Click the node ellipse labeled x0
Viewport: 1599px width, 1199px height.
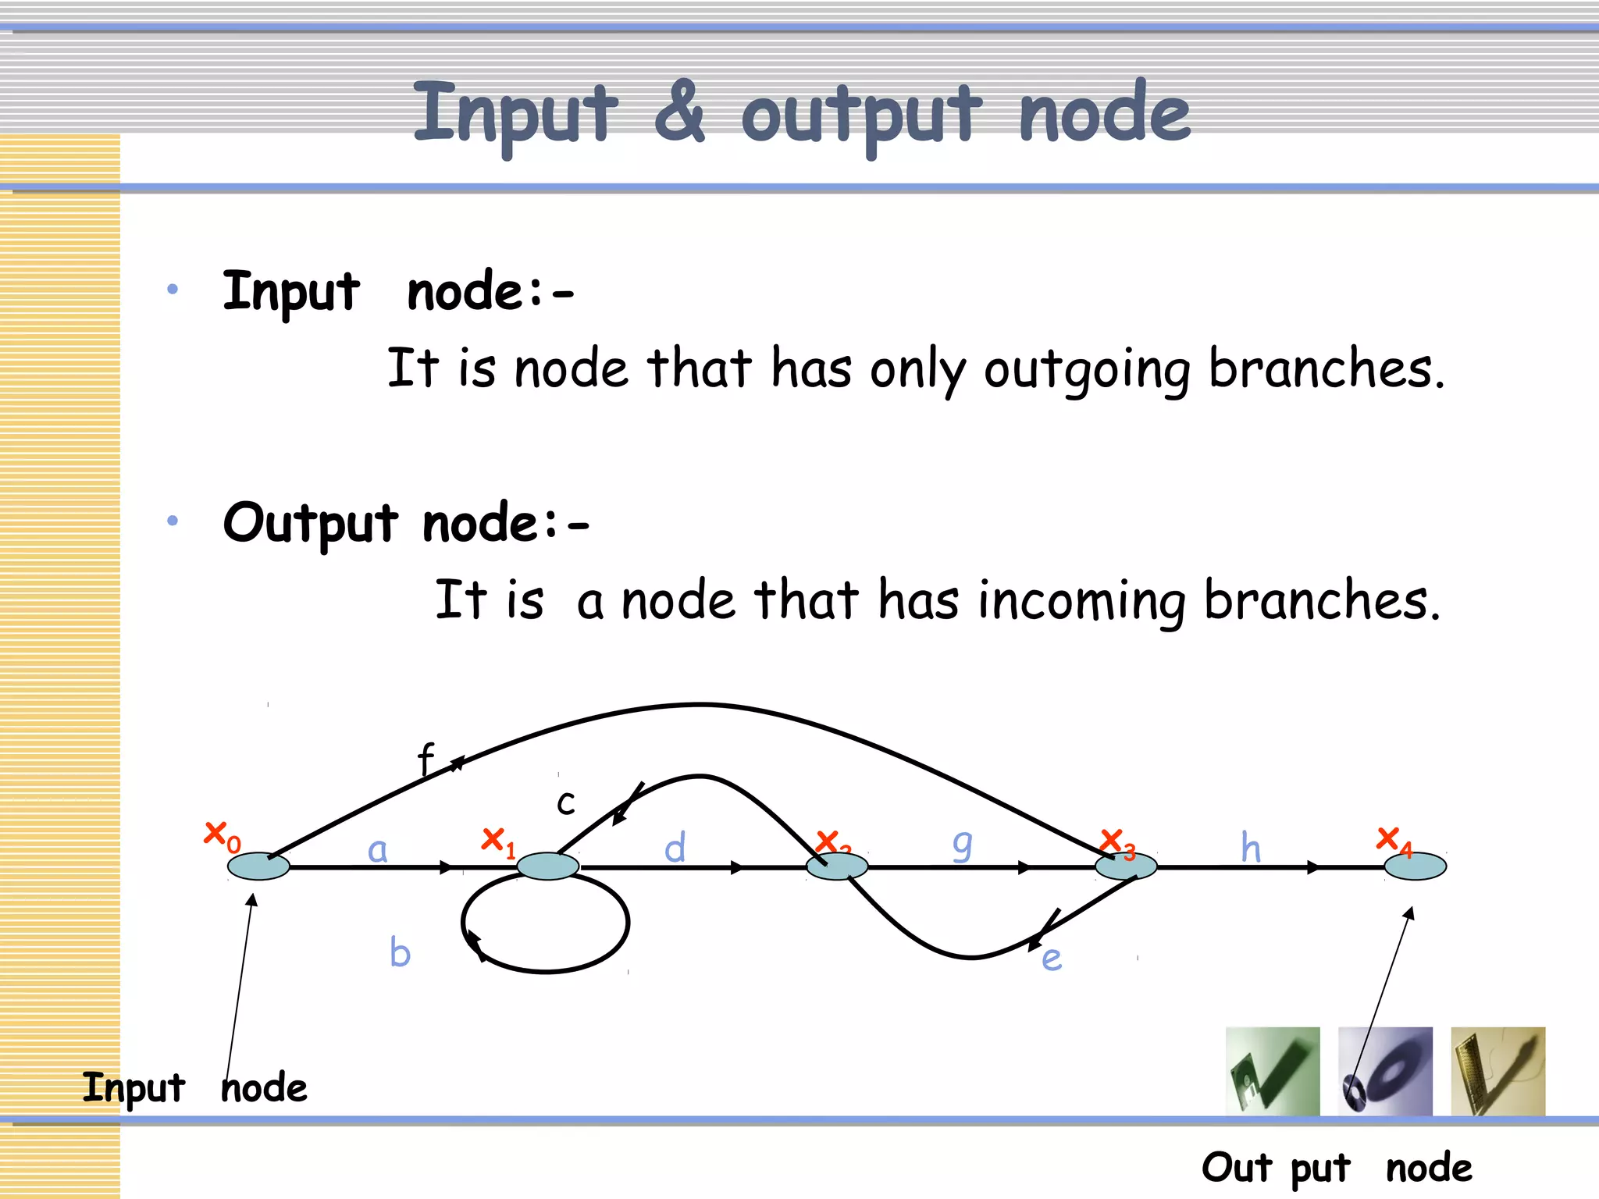pyautogui.click(x=258, y=866)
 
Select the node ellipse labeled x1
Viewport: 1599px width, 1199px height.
pyautogui.click(x=547, y=866)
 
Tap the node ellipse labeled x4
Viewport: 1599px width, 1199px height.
pyautogui.click(x=1415, y=866)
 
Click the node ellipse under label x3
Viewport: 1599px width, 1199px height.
pyautogui.click(x=1126, y=866)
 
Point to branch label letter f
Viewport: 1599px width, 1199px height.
pyautogui.click(x=426, y=759)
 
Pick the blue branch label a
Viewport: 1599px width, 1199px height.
pyautogui.click(x=377, y=849)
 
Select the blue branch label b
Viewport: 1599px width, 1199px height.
pyautogui.click(x=400, y=952)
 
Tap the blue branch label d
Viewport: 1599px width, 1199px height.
pyautogui.click(x=675, y=848)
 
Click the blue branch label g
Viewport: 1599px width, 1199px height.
pyautogui.click(x=963, y=846)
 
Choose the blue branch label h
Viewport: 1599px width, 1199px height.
pyautogui.click(x=1251, y=848)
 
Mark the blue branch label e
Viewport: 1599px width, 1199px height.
pyautogui.click(x=1052, y=959)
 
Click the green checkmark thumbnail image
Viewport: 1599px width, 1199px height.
pyautogui.click(x=1273, y=1071)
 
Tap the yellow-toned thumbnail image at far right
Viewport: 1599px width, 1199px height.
pyautogui.click(x=1498, y=1071)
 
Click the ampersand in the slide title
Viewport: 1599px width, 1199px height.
pyautogui.click(x=679, y=112)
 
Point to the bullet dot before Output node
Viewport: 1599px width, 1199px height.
pyautogui.click(x=173, y=521)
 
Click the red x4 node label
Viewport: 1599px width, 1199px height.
pyautogui.click(x=1394, y=841)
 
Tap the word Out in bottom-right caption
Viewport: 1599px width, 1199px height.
pyautogui.click(x=1237, y=1168)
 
